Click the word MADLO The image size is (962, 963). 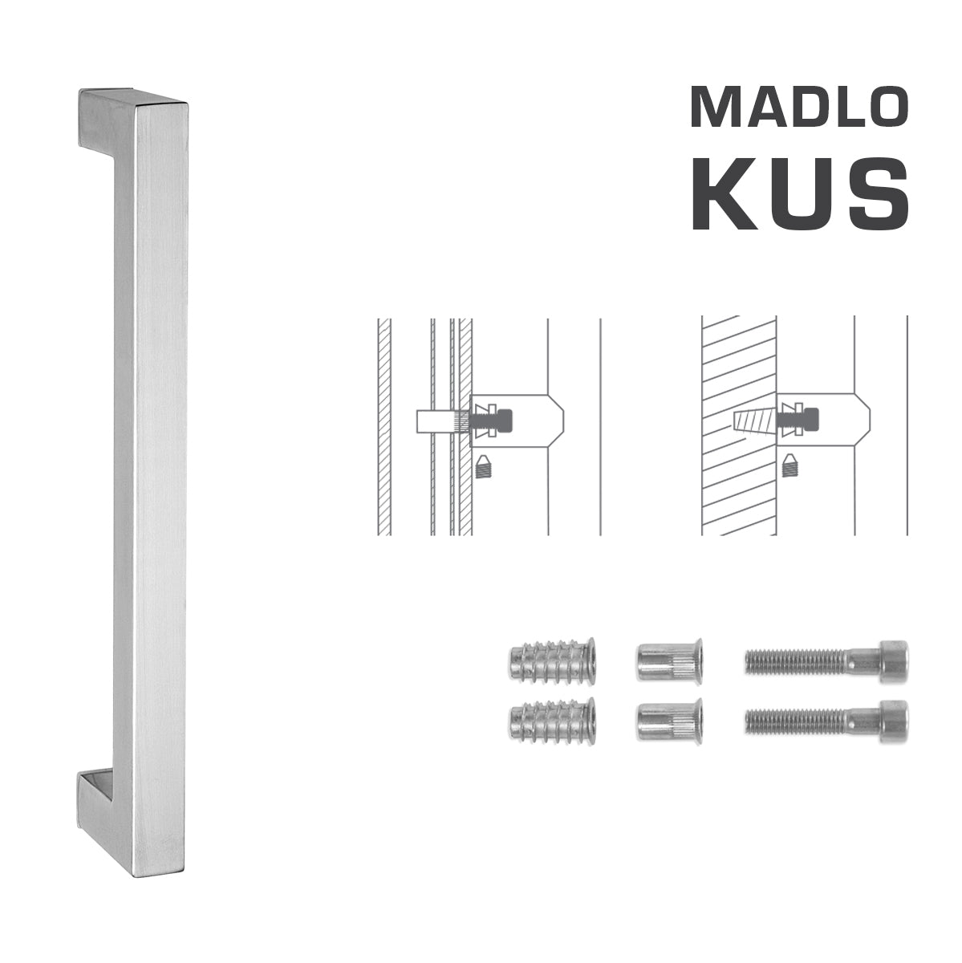tap(799, 108)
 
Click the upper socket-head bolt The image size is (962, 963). tap(826, 661)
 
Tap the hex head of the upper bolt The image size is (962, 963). tap(893, 661)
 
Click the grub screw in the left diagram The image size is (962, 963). tap(483, 466)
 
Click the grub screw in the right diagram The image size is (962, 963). tap(791, 464)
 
